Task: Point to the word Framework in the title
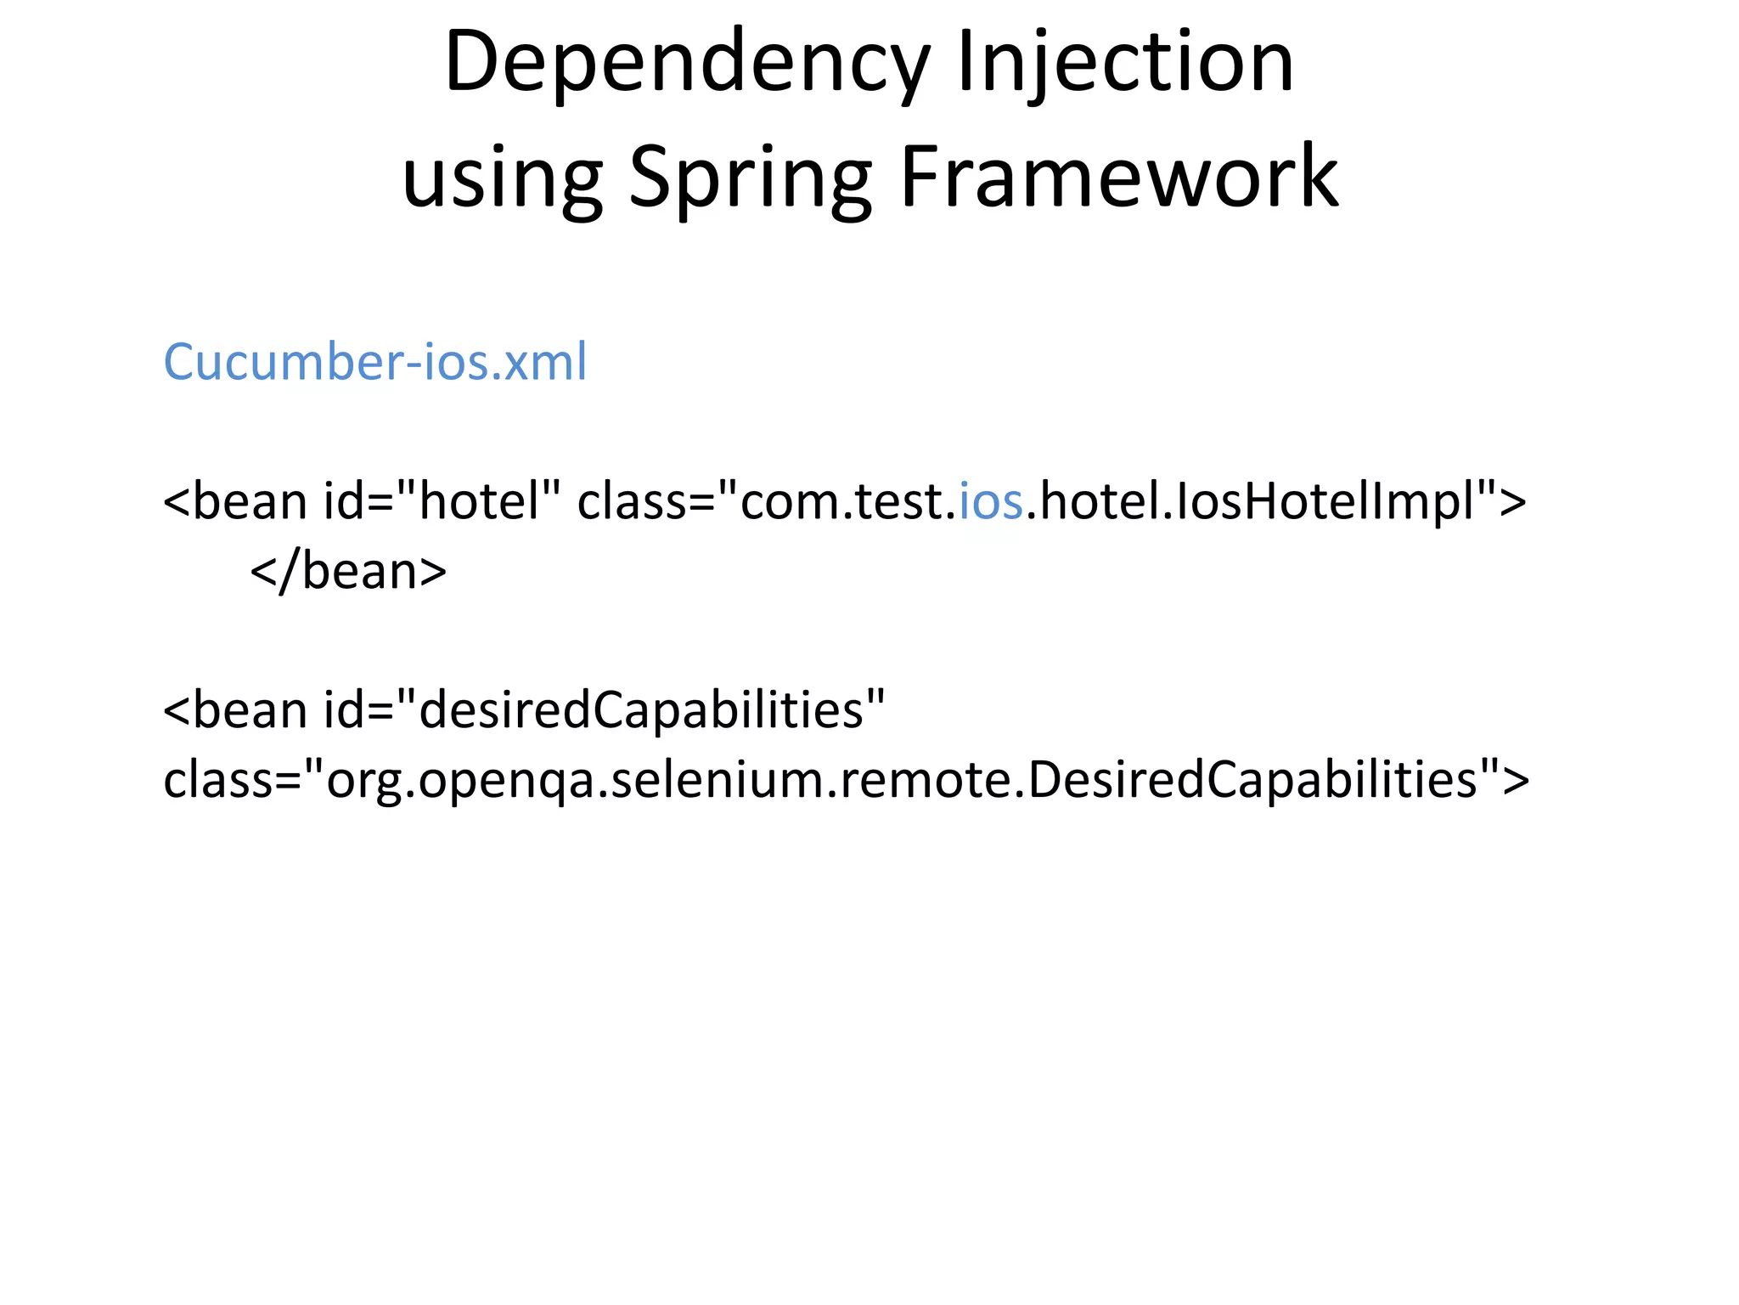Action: click(x=1119, y=177)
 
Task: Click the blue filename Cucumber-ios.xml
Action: click(x=374, y=362)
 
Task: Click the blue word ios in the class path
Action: click(x=991, y=501)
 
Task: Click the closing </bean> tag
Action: click(x=348, y=571)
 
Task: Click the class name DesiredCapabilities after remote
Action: click(x=1252, y=780)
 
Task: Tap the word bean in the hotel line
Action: click(x=250, y=501)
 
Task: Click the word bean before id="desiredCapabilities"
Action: click(x=250, y=710)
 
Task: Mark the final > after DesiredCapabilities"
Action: click(x=1516, y=780)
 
